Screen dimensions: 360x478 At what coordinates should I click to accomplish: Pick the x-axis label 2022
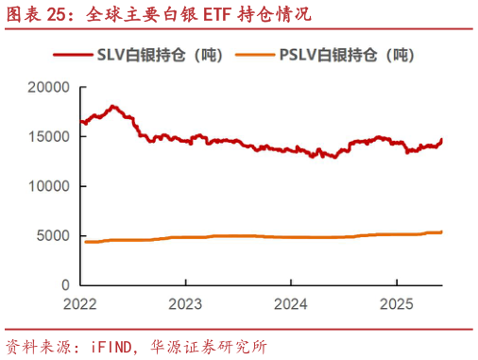tap(81, 305)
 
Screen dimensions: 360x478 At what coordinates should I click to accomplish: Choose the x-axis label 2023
tap(186, 305)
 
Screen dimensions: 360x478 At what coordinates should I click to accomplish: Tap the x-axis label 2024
tap(291, 305)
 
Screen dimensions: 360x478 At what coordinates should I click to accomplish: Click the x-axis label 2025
tap(396, 305)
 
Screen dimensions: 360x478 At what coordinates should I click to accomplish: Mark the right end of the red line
tap(441, 140)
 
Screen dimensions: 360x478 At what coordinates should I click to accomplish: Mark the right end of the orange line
tap(441, 231)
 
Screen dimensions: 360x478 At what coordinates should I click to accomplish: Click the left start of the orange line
tap(85, 242)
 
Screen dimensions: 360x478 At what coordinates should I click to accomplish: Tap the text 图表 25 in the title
tap(38, 14)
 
